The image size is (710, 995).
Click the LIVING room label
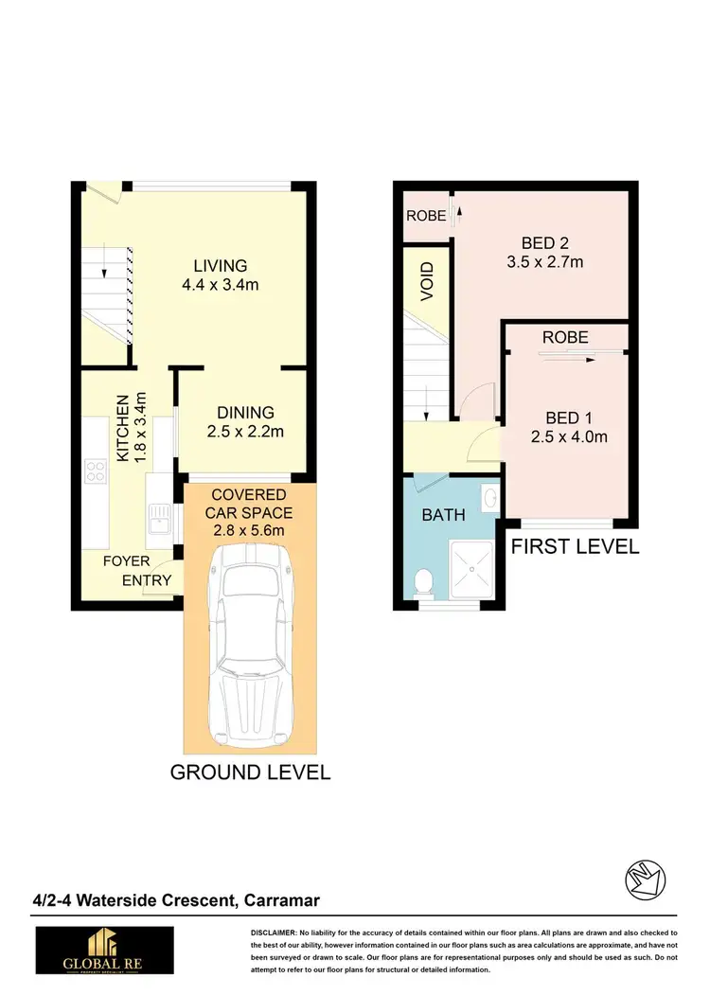coord(221,266)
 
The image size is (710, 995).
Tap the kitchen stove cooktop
coord(96,471)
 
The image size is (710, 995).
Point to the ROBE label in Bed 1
coord(565,337)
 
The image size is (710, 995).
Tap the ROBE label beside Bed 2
coord(425,216)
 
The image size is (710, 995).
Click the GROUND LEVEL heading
coord(250,773)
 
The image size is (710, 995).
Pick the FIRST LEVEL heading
coord(575,546)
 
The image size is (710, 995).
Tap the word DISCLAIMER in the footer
coord(275,933)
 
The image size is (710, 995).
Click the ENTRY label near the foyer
coord(147,580)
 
